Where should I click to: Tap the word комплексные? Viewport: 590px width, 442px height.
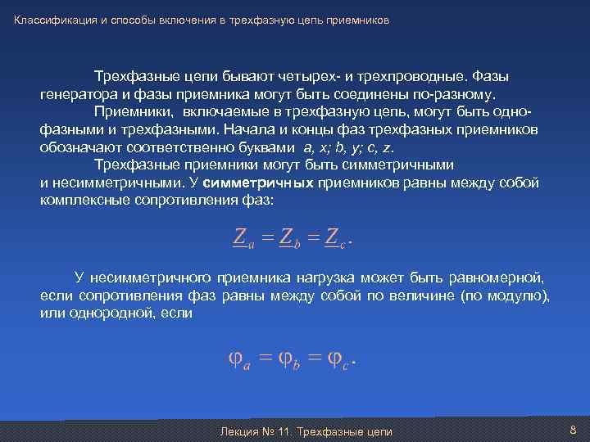[88, 201]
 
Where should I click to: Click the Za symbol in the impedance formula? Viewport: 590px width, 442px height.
[243, 237]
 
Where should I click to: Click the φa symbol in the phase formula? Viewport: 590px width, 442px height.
[238, 359]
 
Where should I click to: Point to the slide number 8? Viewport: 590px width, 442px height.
[573, 430]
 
